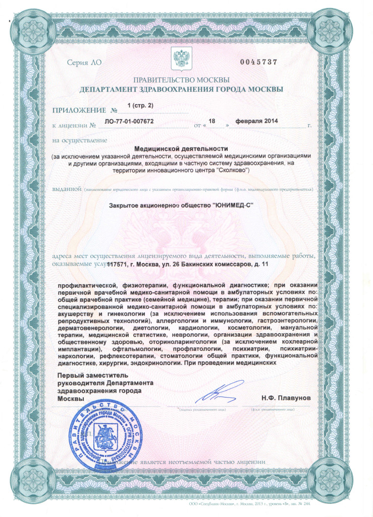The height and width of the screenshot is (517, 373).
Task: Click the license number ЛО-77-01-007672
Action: [x=129, y=122]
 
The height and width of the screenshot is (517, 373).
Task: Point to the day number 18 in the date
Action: [x=212, y=121]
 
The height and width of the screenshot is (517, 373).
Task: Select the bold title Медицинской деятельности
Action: [x=182, y=148]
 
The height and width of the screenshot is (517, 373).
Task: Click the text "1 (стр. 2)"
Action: [x=140, y=105]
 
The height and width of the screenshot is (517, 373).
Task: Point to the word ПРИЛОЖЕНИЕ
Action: [x=79, y=110]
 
